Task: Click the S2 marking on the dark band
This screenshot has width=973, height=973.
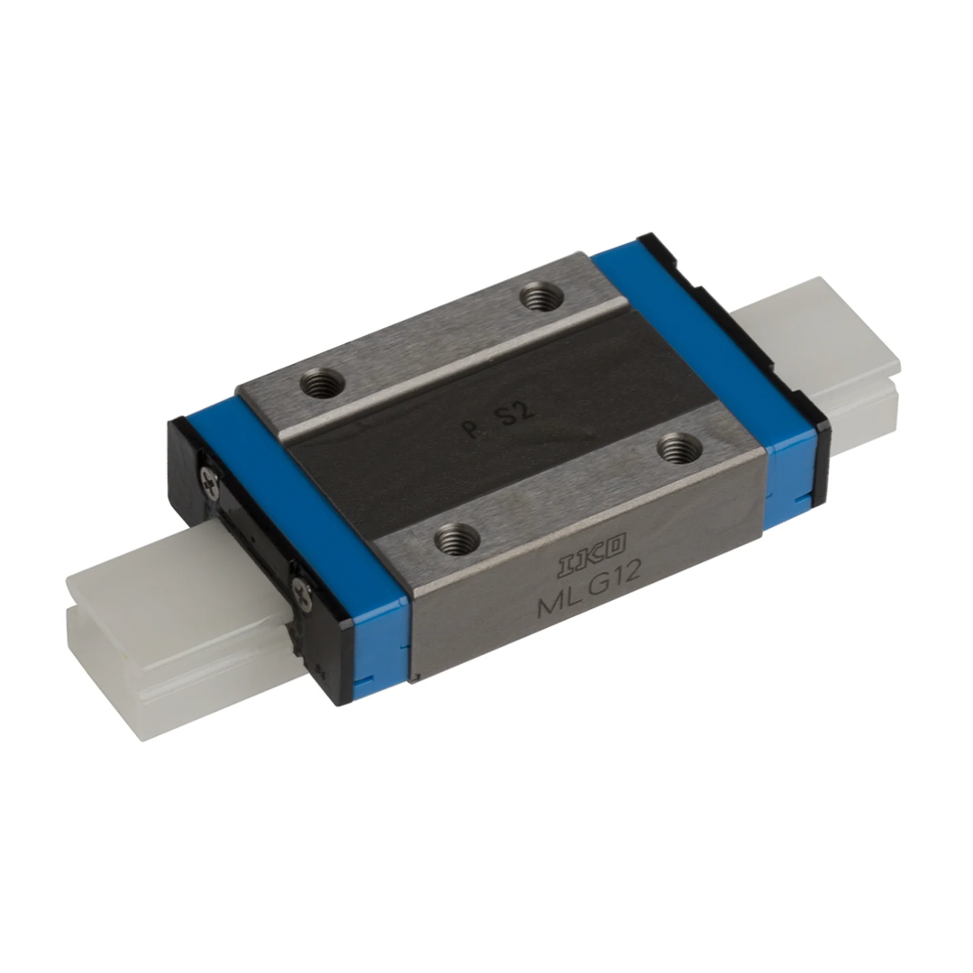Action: click(x=516, y=412)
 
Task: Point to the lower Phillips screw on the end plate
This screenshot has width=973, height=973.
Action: click(x=303, y=592)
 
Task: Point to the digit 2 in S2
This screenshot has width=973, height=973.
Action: click(x=527, y=409)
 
